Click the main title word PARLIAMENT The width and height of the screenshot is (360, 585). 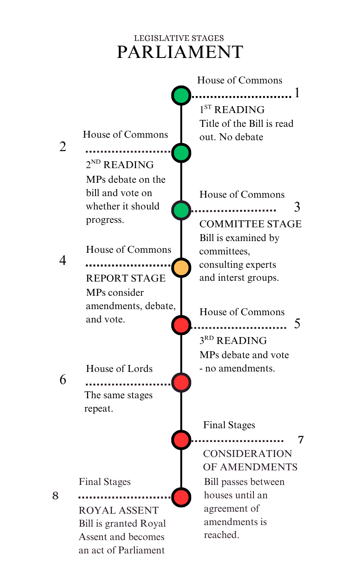coord(180,52)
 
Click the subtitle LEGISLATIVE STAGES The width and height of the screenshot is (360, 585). coord(179,38)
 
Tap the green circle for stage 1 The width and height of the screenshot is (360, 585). coord(181,96)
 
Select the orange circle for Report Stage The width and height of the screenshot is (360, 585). coord(181,268)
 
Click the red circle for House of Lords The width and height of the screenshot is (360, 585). coord(181,382)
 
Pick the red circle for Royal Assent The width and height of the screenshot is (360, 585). coord(181,497)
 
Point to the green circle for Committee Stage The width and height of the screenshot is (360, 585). coord(181,210)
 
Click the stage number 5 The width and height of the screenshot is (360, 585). coord(297,324)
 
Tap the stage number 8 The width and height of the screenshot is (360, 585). coord(55,496)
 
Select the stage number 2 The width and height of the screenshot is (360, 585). coord(63,147)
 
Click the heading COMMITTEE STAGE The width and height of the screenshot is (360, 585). coord(250,224)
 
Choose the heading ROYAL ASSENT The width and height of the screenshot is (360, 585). coord(119,510)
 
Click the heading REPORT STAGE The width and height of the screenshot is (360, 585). coord(126,278)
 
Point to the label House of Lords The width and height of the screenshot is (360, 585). coord(119,369)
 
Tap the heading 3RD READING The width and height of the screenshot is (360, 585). coord(233,341)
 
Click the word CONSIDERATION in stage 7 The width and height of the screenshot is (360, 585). coord(247,454)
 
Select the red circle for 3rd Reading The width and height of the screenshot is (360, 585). coord(181,325)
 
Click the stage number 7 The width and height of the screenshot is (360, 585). coord(301,440)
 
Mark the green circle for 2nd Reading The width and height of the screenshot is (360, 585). coord(181,153)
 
